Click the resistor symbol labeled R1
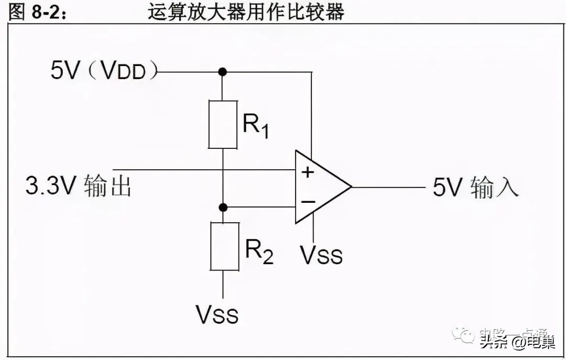223,125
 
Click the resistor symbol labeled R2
223,246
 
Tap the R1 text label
256,126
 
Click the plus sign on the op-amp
308,171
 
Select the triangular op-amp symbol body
320,187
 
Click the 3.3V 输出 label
79,187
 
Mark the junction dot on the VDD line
223,71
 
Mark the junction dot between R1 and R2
223,208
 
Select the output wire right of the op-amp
388,187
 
